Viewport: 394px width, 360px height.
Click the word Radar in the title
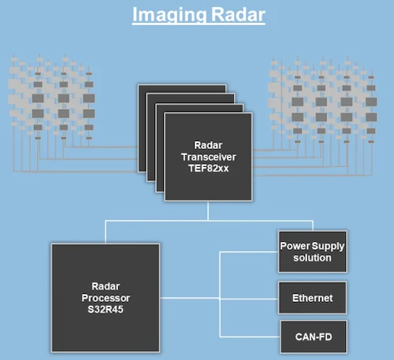pyautogui.click(x=238, y=14)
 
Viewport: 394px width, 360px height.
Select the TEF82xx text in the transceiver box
pyautogui.click(x=209, y=169)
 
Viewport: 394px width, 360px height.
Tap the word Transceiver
pyautogui.click(x=209, y=157)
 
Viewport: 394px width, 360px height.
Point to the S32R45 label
pyautogui.click(x=106, y=310)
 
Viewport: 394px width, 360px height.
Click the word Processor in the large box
pyautogui.click(x=106, y=298)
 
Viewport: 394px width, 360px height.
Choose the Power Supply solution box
pyautogui.click(x=313, y=252)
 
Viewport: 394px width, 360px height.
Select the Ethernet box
pyautogui.click(x=313, y=298)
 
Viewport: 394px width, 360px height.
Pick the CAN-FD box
pyautogui.click(x=314, y=336)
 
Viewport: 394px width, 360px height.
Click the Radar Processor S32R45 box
pyautogui.click(x=106, y=298)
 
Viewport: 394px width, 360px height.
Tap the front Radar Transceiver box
pyautogui.click(x=208, y=157)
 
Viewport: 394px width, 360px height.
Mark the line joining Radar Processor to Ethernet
pyautogui.click(x=219, y=299)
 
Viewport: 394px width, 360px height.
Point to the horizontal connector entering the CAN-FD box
pyautogui.click(x=250, y=336)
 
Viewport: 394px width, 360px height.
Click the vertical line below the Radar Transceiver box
pyautogui.click(x=208, y=211)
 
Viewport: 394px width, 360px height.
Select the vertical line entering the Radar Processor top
pyautogui.click(x=106, y=232)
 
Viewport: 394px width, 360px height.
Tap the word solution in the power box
pyautogui.click(x=312, y=258)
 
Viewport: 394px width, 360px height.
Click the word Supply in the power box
pyautogui.click(x=329, y=247)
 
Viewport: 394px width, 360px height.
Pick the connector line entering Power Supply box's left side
pyautogui.click(x=249, y=252)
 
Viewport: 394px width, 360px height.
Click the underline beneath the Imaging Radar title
pyautogui.click(x=199, y=24)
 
